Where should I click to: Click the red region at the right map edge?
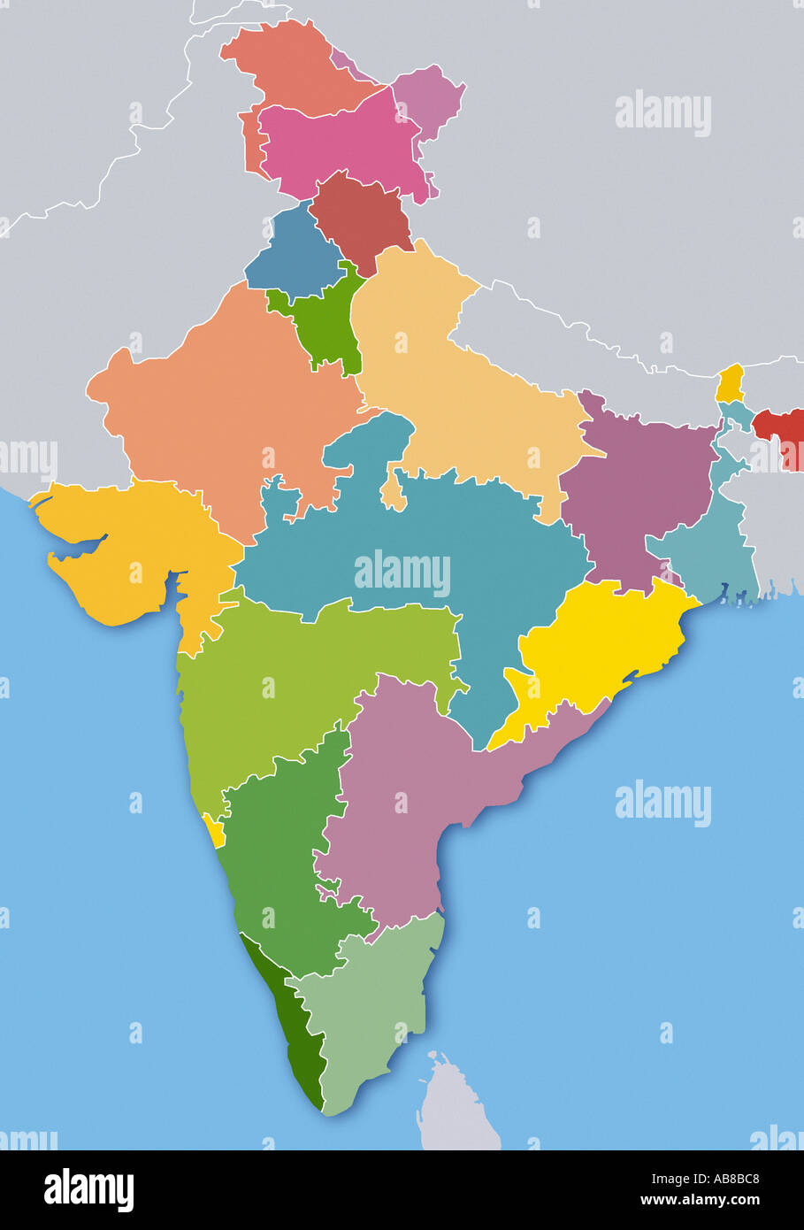click(782, 434)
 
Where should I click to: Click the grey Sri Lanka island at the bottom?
click(456, 1106)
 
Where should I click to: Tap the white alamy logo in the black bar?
click(88, 1190)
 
